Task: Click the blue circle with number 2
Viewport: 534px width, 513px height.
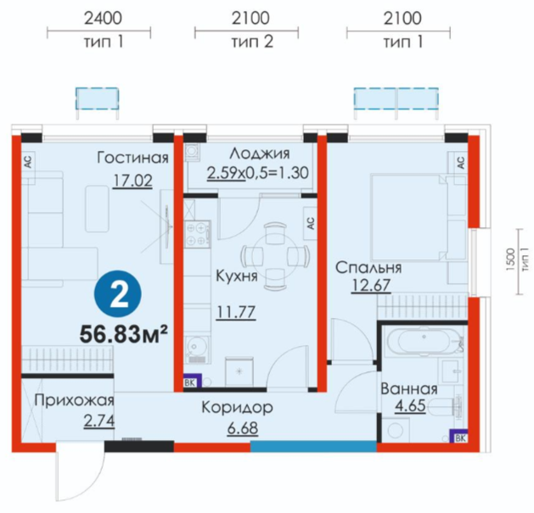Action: tap(117, 294)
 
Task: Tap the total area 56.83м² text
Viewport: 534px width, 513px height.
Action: tap(124, 334)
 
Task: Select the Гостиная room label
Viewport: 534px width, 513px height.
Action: tap(132, 158)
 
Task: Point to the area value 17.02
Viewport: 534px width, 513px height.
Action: tap(132, 181)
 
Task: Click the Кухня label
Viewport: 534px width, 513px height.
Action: tap(237, 276)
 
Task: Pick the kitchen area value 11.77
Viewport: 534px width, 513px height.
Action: tap(236, 311)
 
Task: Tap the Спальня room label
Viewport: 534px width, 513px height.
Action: tap(368, 268)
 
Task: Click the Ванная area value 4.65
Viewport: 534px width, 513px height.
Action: tap(410, 405)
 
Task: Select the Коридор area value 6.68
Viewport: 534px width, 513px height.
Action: tap(243, 429)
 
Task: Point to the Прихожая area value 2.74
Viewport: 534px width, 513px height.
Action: tap(99, 421)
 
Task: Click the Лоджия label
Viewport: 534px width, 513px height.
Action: tap(260, 153)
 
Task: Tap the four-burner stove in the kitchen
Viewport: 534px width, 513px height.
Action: tap(197, 233)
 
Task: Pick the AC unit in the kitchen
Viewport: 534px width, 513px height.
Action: tap(310, 223)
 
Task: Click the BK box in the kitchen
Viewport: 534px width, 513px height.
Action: tap(193, 381)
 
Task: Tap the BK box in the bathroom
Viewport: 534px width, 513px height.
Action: tap(458, 436)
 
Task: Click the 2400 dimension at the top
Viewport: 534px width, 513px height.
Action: tap(103, 18)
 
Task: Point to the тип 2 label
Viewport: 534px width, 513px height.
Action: tap(252, 42)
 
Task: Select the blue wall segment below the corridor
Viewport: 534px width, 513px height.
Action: tap(313, 447)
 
